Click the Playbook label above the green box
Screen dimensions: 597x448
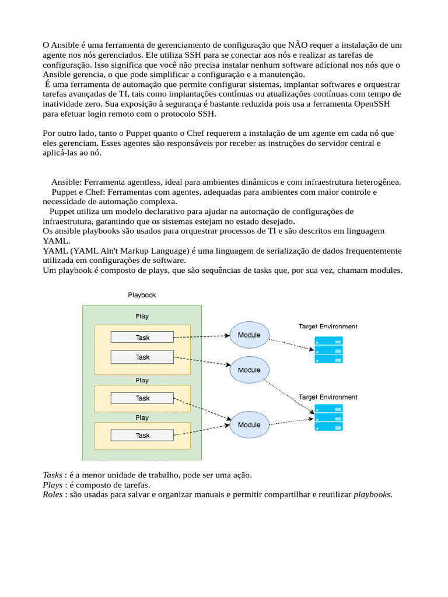pyautogui.click(x=142, y=295)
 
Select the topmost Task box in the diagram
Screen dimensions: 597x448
pyautogui.click(x=142, y=337)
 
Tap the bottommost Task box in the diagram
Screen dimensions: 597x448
pyautogui.click(x=142, y=435)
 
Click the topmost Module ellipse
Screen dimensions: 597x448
pyautogui.click(x=249, y=335)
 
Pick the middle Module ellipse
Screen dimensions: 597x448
pyautogui.click(x=249, y=370)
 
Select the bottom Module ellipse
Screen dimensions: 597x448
pyautogui.click(x=249, y=424)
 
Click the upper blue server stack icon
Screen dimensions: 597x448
pyautogui.click(x=328, y=350)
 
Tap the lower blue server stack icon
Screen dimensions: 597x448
pyautogui.click(x=328, y=417)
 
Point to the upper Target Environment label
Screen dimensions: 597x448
pyautogui.click(x=328, y=326)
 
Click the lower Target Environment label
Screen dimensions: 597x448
pyautogui.click(x=328, y=396)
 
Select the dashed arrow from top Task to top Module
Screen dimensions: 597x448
pyautogui.click(x=201, y=336)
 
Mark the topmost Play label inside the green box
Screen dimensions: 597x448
pyautogui.click(x=142, y=316)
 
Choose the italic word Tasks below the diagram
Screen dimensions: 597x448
pyautogui.click(x=53, y=475)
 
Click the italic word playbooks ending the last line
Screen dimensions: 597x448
pyautogui.click(x=373, y=494)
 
